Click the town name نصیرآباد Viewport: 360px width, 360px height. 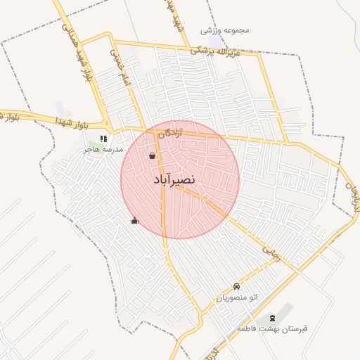tap(173, 180)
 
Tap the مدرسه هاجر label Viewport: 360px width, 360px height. tap(103, 150)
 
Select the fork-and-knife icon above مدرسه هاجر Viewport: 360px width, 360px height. tap(104, 139)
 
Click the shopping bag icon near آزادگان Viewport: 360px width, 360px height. tap(153, 155)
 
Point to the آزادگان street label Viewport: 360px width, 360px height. tap(170, 132)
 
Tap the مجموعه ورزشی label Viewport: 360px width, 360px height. tap(226, 30)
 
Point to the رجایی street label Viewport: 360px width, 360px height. tap(271, 253)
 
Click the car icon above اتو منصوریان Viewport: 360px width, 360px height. tap(236, 287)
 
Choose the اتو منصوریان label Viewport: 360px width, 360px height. tap(236, 298)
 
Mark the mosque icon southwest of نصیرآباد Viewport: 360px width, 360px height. tap(134, 220)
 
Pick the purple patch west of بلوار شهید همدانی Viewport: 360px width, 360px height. tap(60, 108)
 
